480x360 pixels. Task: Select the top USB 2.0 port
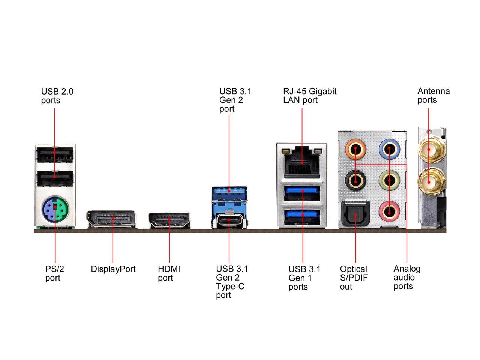tap(55, 153)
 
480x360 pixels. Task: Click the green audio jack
tap(389, 181)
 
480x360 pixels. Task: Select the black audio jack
tap(355, 181)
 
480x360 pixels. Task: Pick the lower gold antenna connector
tap(430, 182)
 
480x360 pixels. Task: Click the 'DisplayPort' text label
tap(113, 269)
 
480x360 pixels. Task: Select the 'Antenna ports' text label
tap(433, 96)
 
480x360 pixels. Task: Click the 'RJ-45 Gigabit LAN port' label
tap(309, 96)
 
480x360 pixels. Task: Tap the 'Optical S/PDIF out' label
tap(354, 278)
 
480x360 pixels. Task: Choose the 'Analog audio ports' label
tap(407, 277)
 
